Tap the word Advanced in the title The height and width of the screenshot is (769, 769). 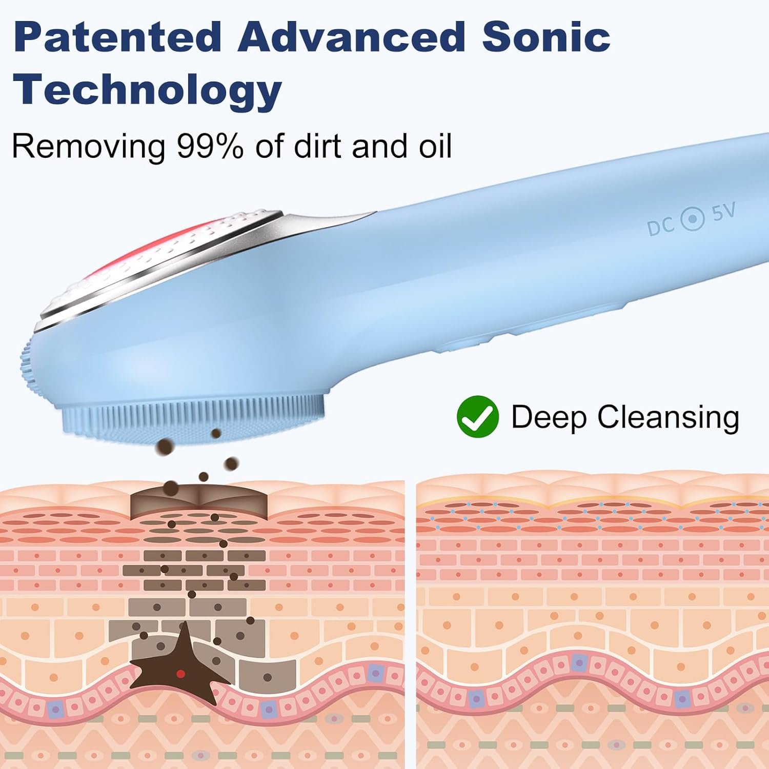[351, 37]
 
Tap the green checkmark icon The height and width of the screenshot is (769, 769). [478, 417]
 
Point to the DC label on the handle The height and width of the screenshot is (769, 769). [660, 226]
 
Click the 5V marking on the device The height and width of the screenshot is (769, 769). [723, 211]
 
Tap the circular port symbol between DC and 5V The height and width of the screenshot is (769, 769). [693, 219]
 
